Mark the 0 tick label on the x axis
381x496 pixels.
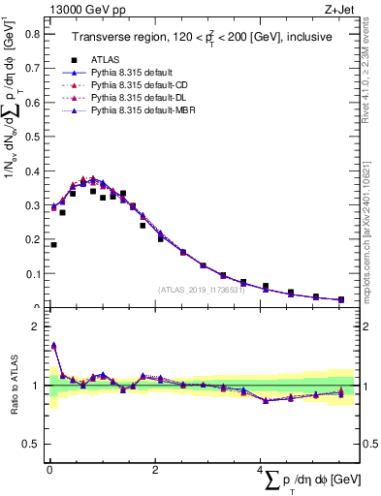pos(49,471)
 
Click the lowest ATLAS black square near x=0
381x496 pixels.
pos(53,245)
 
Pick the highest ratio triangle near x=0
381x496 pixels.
pos(53,345)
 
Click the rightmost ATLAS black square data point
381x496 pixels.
pos(340,299)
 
